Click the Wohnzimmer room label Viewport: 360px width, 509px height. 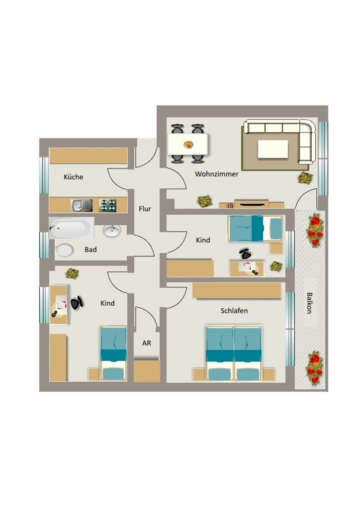pos(216,174)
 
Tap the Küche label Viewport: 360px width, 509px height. pos(73,177)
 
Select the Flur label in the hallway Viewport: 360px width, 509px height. pos(145,209)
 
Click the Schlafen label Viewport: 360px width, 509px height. pos(234,311)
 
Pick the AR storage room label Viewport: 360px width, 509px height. pos(146,343)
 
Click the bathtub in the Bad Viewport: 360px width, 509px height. pos(72,229)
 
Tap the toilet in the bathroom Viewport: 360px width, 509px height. pos(65,250)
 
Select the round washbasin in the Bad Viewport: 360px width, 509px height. pos(112,231)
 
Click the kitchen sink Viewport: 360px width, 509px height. pos(82,205)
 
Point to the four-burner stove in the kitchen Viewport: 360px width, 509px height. pos(108,205)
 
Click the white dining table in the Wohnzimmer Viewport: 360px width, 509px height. pos(187,144)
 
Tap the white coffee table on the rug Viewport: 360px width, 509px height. pos(272,148)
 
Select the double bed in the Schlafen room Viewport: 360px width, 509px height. pos(234,353)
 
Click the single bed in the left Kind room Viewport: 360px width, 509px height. pos(114,353)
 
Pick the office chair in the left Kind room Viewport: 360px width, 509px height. pos(76,303)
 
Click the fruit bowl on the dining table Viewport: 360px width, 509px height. pos(188,145)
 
